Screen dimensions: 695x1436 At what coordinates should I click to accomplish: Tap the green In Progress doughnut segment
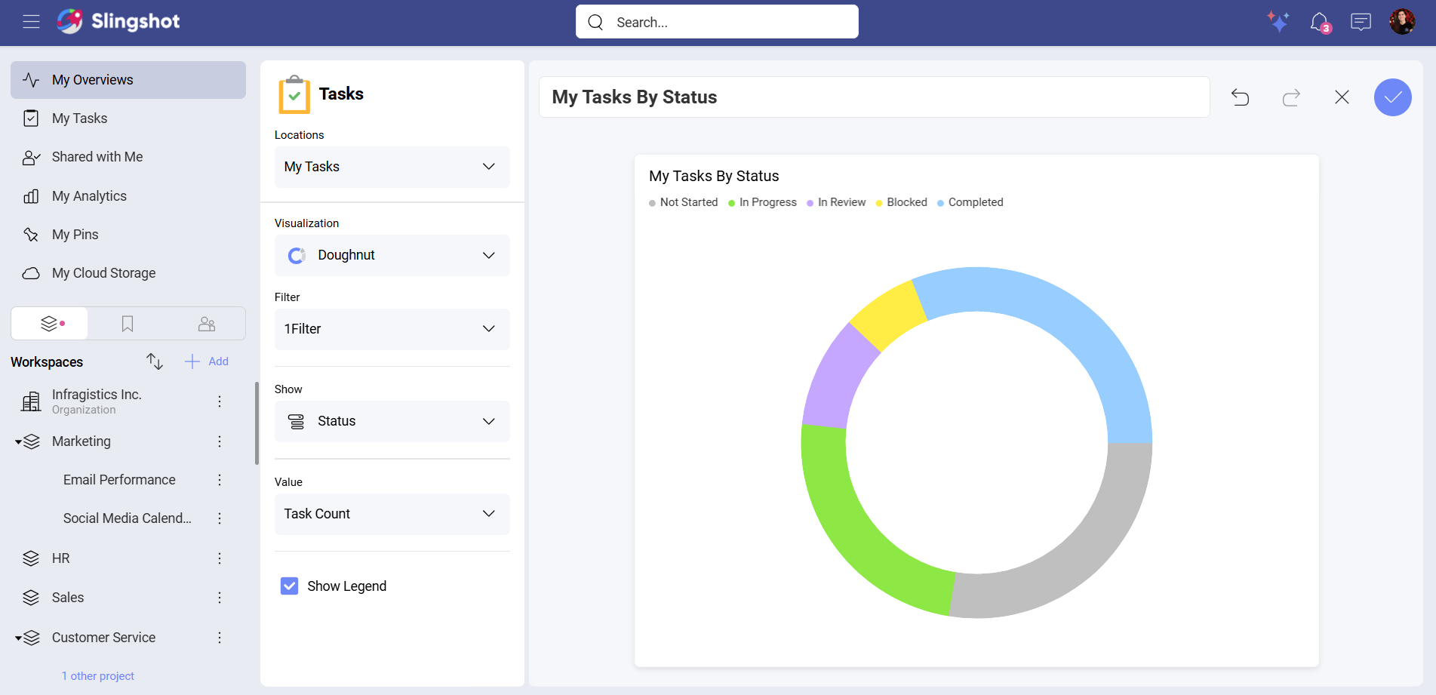click(x=860, y=529)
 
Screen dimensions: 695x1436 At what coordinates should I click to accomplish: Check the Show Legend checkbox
click(x=290, y=586)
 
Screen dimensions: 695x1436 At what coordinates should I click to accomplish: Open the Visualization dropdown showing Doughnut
click(x=392, y=255)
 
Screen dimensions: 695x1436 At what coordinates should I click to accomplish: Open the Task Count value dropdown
click(x=392, y=514)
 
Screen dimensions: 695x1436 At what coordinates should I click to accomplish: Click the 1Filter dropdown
click(x=392, y=329)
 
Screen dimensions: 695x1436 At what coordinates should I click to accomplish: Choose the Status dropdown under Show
click(x=392, y=421)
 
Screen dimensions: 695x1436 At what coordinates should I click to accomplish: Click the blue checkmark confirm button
click(x=1392, y=97)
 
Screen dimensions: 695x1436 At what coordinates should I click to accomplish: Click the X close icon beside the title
click(x=1342, y=97)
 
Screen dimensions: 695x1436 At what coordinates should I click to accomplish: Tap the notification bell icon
click(x=1319, y=22)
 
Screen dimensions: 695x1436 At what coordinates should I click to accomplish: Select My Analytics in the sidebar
click(x=89, y=196)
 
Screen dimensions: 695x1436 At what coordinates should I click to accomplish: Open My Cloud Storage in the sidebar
click(x=103, y=273)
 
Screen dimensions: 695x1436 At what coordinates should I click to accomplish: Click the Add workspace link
click(x=208, y=361)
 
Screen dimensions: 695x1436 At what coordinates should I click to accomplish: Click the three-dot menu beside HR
click(x=220, y=558)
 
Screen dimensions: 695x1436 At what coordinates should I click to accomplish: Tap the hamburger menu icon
click(x=31, y=21)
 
